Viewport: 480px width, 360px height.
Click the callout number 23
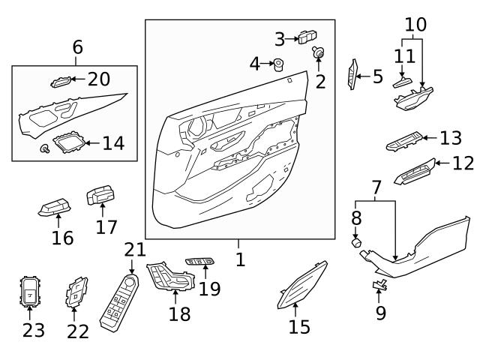point(34,329)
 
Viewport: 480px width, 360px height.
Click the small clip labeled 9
point(379,284)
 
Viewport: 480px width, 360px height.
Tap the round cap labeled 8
point(358,243)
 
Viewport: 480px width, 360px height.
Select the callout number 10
point(415,24)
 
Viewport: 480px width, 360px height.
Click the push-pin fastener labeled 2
point(318,52)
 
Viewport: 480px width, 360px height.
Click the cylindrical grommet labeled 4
point(278,64)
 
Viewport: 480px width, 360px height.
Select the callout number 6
point(78,47)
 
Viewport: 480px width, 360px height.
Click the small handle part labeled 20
point(61,80)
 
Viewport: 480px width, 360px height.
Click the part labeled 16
point(55,207)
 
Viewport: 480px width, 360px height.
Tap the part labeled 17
point(100,196)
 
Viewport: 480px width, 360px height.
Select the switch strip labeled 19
point(199,262)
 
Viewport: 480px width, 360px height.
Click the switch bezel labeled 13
point(403,142)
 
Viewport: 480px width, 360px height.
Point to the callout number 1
point(239,259)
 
